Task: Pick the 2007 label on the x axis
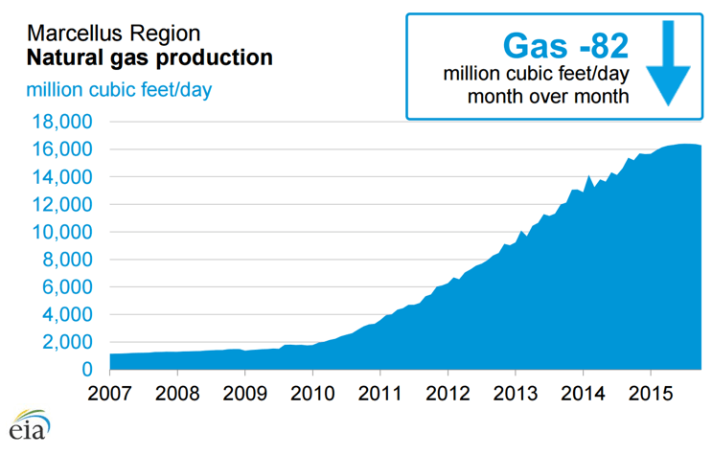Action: click(x=110, y=395)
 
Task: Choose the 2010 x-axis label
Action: click(x=312, y=395)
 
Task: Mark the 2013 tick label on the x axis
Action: click(x=516, y=395)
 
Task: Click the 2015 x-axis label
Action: click(x=651, y=395)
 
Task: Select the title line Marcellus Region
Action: click(x=113, y=34)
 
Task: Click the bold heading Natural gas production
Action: click(x=149, y=58)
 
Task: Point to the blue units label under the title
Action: click(x=120, y=90)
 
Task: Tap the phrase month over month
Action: click(x=547, y=96)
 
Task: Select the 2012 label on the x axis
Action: click(x=448, y=395)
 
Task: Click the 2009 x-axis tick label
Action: click(x=245, y=395)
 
